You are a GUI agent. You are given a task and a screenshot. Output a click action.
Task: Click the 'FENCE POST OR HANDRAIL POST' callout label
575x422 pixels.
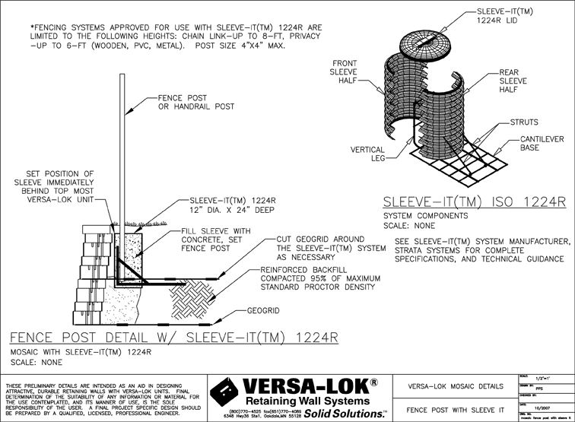coord(195,103)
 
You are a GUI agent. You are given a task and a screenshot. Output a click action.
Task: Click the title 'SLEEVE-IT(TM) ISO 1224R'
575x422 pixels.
coord(475,201)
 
